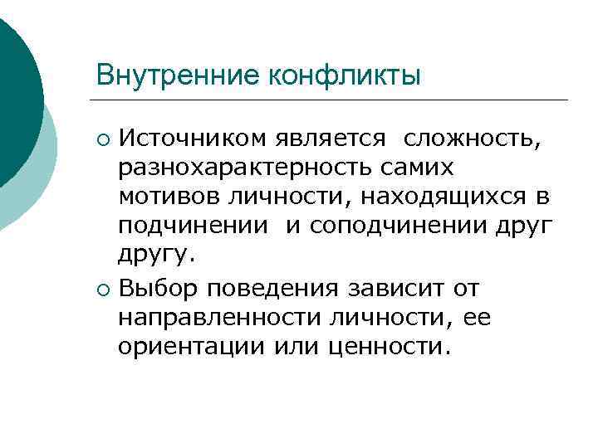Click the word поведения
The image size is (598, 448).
[x=267, y=290]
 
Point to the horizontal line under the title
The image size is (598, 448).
[x=332, y=100]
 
